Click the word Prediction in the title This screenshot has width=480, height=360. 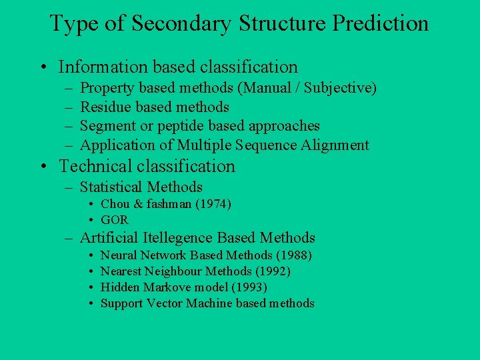381,23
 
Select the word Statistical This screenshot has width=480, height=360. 111,187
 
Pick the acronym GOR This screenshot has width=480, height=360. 114,220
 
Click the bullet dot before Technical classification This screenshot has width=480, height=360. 43,167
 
